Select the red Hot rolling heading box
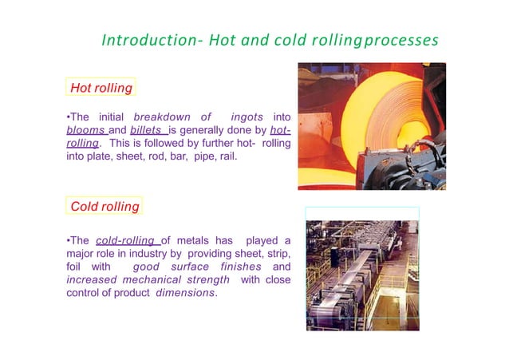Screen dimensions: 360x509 [x=101, y=87]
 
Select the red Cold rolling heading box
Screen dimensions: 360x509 [x=105, y=207]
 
